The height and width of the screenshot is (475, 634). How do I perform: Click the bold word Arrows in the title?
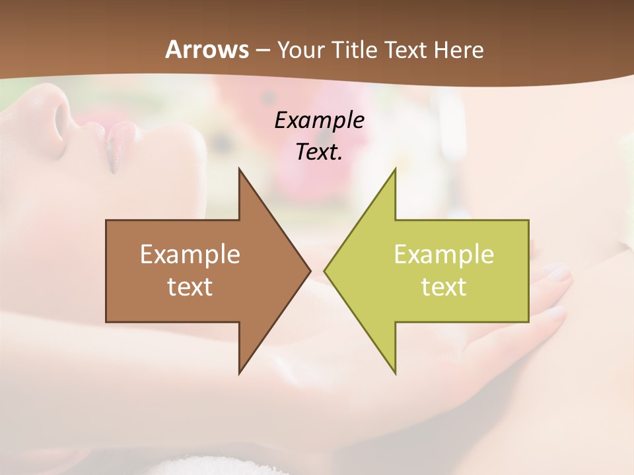coord(207,49)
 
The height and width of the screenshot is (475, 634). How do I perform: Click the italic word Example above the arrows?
coord(319,120)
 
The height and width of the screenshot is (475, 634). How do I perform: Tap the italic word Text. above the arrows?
coord(319,152)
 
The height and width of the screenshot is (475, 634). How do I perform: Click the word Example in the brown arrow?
coord(190,255)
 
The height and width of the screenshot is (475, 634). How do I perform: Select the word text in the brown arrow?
coord(190,286)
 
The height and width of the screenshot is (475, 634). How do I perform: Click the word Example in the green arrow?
coord(444,255)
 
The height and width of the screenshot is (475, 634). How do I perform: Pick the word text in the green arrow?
coord(444,286)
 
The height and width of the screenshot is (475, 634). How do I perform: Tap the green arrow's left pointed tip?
coord(326,270)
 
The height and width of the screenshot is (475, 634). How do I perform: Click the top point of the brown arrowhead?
coord(240,170)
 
